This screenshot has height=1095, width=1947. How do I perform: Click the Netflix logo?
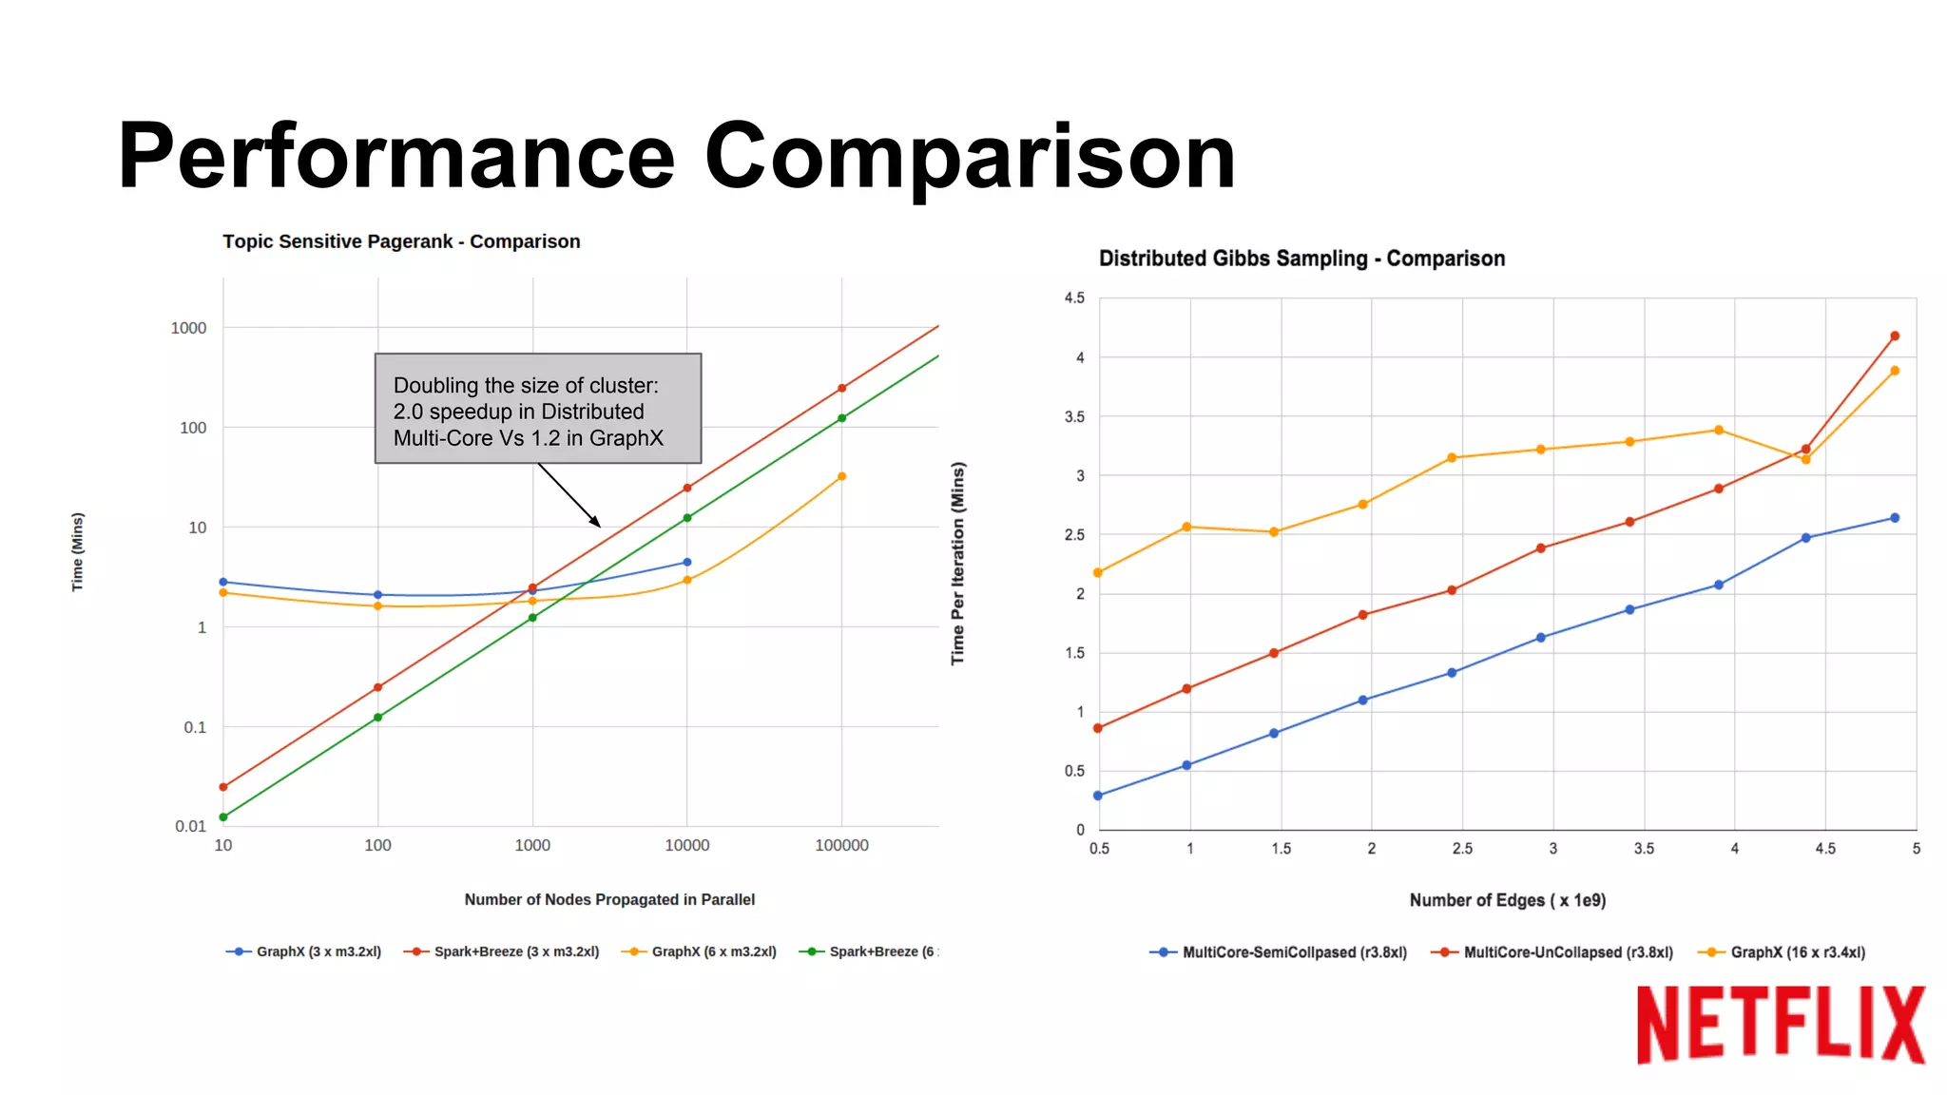(x=1780, y=1025)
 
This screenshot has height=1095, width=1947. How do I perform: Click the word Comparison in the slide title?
(x=970, y=156)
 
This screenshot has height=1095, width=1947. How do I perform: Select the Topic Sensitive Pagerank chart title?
(x=401, y=241)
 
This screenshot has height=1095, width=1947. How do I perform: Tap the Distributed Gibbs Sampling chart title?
(x=1301, y=259)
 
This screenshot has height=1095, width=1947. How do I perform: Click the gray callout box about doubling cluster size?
(x=538, y=409)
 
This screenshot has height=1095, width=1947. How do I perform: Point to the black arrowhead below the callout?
(x=596, y=522)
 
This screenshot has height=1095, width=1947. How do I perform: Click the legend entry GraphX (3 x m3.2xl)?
(x=318, y=951)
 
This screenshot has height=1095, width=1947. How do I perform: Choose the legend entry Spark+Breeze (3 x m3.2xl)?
(x=515, y=951)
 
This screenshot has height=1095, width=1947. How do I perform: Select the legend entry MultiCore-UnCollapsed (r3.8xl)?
(x=1567, y=952)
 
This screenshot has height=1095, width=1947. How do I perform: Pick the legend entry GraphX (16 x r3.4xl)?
(x=1797, y=952)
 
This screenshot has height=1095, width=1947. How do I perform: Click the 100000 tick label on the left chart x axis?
(x=841, y=845)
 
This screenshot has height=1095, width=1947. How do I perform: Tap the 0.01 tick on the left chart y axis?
(x=190, y=826)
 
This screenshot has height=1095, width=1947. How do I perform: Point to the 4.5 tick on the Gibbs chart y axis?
(x=1074, y=298)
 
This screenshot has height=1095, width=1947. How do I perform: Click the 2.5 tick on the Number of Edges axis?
(x=1462, y=849)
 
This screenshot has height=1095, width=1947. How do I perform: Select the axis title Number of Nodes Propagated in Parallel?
(x=609, y=899)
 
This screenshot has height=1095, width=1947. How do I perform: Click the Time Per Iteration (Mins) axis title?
(x=958, y=564)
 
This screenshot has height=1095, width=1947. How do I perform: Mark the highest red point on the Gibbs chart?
(x=1895, y=336)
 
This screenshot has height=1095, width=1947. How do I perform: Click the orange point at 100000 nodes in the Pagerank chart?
(x=841, y=476)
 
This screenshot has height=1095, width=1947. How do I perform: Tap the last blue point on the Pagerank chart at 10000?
(x=687, y=562)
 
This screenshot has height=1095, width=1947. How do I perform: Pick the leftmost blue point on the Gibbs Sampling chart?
(x=1098, y=796)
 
